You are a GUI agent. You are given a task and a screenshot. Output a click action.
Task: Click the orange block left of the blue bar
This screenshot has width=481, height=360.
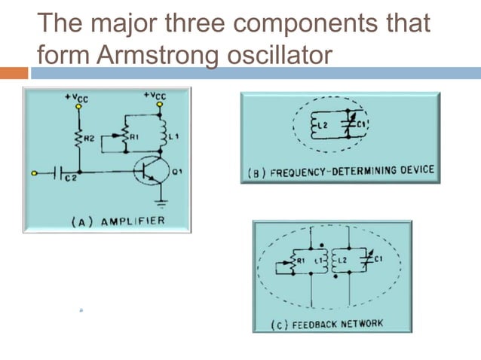14,73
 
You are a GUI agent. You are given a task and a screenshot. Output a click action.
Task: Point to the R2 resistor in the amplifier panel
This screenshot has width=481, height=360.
77,137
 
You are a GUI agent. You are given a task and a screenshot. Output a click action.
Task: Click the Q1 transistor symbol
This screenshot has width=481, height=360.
147,172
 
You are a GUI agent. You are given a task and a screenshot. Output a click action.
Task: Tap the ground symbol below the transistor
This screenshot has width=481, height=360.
160,201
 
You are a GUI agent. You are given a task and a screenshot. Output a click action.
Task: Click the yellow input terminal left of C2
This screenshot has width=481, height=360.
34,173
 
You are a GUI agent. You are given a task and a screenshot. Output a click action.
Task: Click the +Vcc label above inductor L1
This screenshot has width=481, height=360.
156,96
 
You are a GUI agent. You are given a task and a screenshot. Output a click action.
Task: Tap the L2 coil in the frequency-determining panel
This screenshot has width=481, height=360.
316,125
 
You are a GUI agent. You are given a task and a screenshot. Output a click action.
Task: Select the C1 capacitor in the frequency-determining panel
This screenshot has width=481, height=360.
348,124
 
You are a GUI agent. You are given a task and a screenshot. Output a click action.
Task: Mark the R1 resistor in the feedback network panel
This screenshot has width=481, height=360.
286,262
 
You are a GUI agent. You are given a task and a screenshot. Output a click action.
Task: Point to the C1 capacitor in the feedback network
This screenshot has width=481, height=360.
364,261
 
